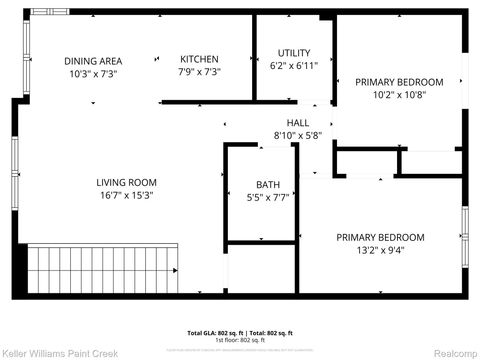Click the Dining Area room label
pyautogui.click(x=93, y=60)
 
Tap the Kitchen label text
pyautogui.click(x=199, y=59)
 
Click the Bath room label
pyautogui.click(x=267, y=185)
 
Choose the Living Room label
pyautogui.click(x=127, y=182)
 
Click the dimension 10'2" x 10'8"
pyautogui.click(x=399, y=95)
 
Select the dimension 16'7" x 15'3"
pyautogui.click(x=127, y=195)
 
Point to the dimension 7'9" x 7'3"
pyautogui.click(x=199, y=72)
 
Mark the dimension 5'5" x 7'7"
pyautogui.click(x=267, y=198)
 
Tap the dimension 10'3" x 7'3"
pyautogui.click(x=93, y=73)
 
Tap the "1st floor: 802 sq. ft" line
pyautogui.click(x=240, y=339)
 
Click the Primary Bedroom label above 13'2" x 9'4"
pyautogui.click(x=380, y=237)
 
